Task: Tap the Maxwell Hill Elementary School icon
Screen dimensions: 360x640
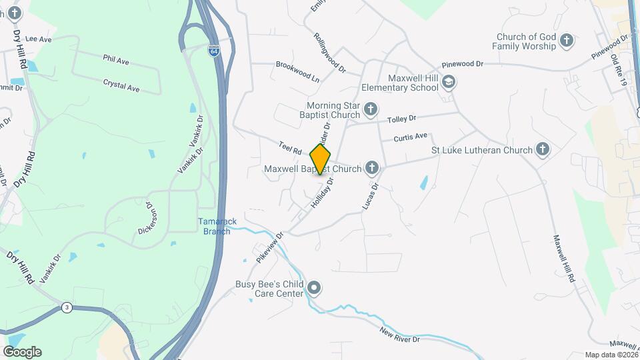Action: tap(449, 81)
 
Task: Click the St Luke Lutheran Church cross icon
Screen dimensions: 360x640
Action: tap(543, 150)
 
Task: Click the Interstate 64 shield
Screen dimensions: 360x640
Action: tap(213, 51)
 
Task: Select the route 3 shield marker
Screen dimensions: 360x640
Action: tap(66, 307)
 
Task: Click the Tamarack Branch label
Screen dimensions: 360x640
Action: tap(214, 226)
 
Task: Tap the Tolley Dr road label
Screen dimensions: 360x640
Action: tap(401, 119)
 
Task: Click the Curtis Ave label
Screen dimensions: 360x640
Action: tap(410, 137)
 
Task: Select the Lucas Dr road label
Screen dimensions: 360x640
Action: tap(370, 197)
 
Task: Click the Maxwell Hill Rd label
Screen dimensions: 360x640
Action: tap(564, 259)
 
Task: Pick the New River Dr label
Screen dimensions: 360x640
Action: tap(400, 335)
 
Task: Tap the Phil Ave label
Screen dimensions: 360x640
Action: tap(116, 60)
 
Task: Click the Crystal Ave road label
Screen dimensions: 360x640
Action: tap(121, 85)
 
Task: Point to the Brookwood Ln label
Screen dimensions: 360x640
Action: tap(297, 71)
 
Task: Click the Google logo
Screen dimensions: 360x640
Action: tap(22, 351)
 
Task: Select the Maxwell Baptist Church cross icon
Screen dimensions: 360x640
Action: tap(371, 169)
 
